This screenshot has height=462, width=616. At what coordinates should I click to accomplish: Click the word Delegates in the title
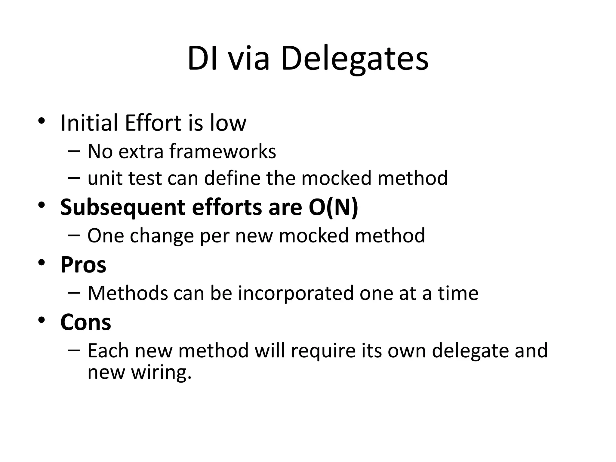click(354, 58)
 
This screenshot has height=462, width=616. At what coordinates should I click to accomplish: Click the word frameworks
click(223, 151)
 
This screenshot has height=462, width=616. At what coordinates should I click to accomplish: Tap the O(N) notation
click(333, 208)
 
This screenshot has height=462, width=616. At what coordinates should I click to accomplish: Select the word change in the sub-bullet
click(162, 236)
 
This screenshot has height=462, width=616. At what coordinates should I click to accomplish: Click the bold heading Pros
click(83, 265)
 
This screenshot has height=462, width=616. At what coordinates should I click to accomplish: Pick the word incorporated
click(296, 293)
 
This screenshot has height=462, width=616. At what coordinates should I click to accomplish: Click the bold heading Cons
click(86, 322)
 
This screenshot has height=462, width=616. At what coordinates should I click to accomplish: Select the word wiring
click(161, 372)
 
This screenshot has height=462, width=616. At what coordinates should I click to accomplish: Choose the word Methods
click(128, 293)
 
